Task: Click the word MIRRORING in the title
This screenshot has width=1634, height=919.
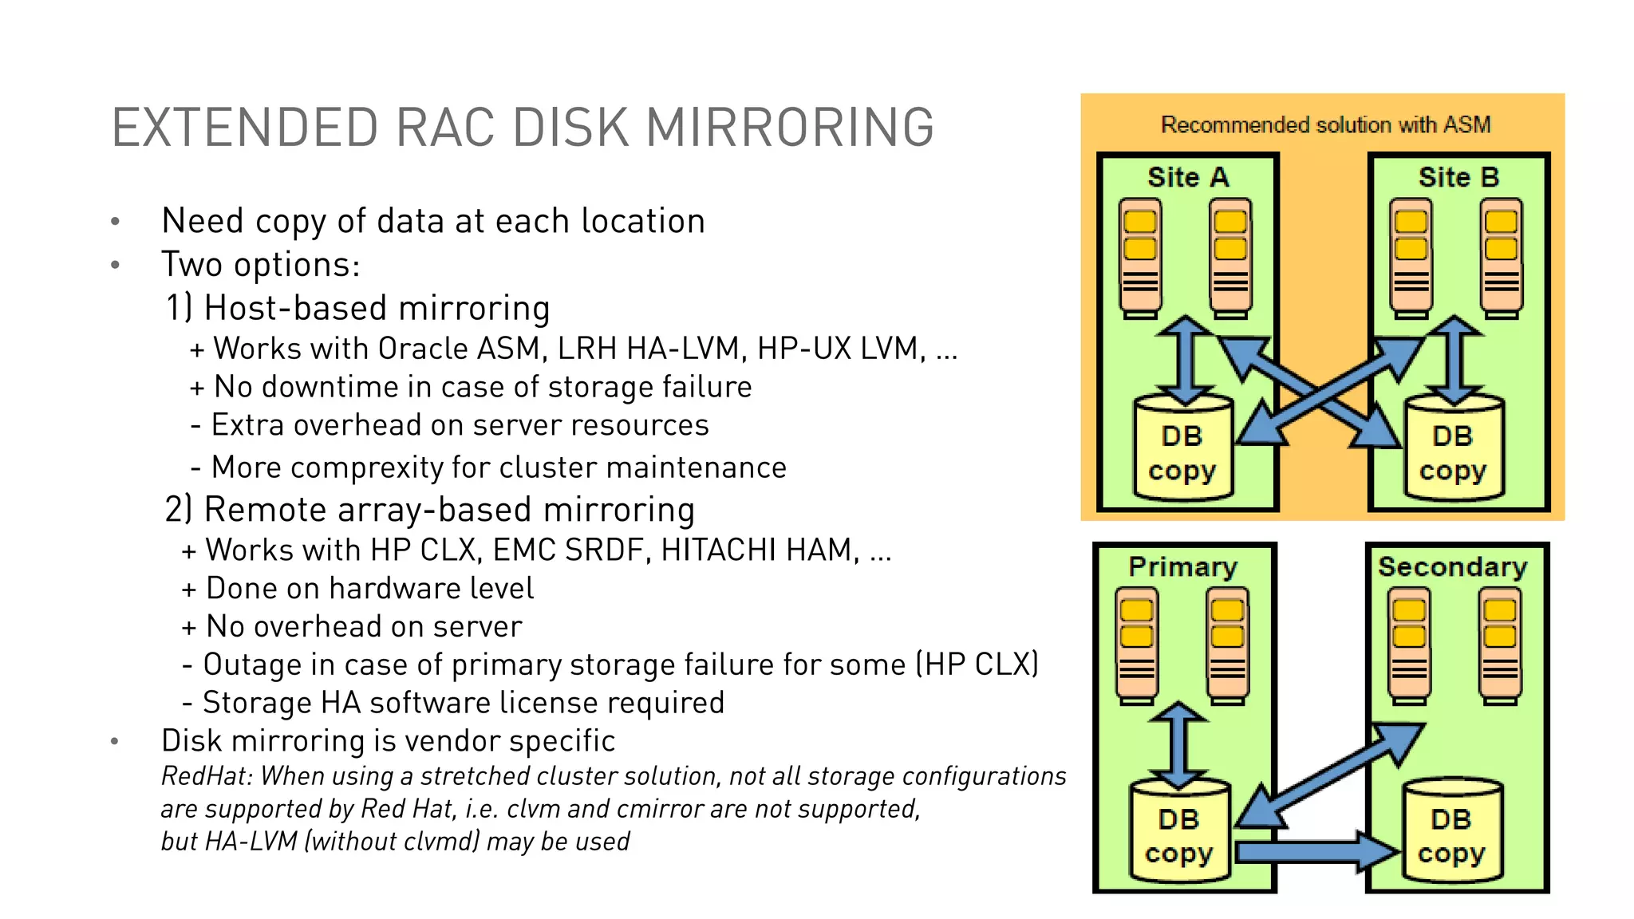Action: tap(789, 128)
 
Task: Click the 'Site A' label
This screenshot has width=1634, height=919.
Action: tap(1187, 177)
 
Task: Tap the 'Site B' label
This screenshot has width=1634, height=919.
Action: tap(1458, 177)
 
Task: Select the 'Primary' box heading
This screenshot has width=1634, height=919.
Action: tap(1182, 566)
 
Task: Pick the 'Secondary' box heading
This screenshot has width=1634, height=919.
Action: tap(1452, 566)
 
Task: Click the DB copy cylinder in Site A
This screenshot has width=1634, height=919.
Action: tap(1182, 451)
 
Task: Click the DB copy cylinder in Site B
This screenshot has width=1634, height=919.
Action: tap(1453, 451)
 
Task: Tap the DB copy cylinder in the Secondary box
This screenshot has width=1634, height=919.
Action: tap(1451, 834)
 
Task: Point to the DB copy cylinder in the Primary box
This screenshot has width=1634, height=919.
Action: tap(1179, 834)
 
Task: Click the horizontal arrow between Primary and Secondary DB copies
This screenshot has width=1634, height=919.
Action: tap(1316, 852)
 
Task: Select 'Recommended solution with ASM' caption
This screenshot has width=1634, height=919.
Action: tap(1325, 124)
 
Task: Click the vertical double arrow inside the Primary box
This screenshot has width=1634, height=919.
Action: tap(1178, 746)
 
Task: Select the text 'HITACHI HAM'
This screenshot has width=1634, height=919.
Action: tap(758, 550)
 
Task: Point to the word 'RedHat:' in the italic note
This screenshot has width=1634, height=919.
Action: tap(207, 776)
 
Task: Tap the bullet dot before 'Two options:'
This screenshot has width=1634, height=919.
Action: tap(116, 265)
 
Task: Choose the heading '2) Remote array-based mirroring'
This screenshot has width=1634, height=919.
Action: tap(429, 510)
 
